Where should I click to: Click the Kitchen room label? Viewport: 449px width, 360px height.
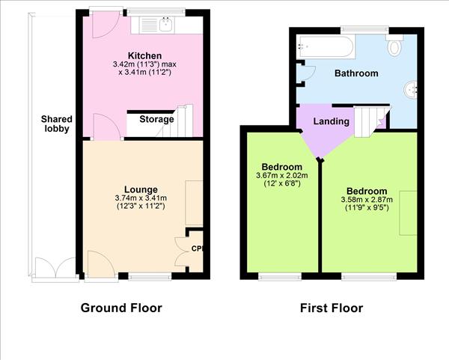pos(144,56)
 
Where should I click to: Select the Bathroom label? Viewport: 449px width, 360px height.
pos(355,73)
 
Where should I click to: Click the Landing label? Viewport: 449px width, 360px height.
pos(331,121)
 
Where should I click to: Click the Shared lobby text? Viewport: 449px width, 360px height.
pos(55,123)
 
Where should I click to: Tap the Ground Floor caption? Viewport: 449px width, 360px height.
pos(120,308)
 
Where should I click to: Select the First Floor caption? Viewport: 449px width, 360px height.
pos(331,308)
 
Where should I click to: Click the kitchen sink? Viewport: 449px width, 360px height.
pos(159,25)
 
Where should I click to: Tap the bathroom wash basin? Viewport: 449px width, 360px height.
pos(411,90)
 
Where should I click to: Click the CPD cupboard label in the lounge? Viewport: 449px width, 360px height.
pos(197,248)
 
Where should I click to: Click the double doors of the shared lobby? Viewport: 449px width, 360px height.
pos(55,268)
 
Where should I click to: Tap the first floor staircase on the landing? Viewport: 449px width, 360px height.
pos(369,120)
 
